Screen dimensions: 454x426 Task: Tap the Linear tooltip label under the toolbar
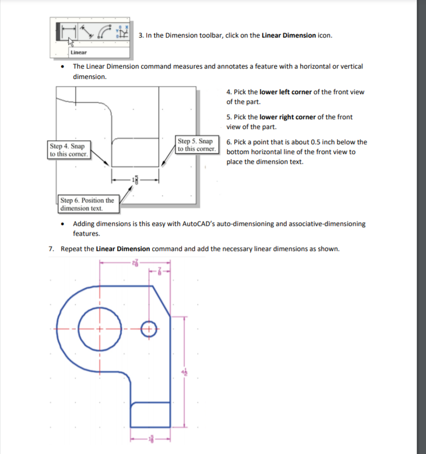point(77,52)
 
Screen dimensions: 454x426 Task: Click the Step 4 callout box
point(69,150)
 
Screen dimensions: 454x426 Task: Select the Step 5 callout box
point(197,144)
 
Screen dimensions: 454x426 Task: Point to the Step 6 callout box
point(87,204)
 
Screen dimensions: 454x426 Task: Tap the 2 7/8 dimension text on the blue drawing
point(135,263)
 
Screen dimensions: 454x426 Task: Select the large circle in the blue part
point(99,329)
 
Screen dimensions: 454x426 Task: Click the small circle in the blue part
point(147,328)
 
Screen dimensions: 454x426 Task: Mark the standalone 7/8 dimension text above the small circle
point(160,271)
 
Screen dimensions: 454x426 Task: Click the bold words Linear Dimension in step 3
point(289,35)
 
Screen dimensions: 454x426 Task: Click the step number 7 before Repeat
point(50,249)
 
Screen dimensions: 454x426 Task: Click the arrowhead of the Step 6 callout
point(131,188)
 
